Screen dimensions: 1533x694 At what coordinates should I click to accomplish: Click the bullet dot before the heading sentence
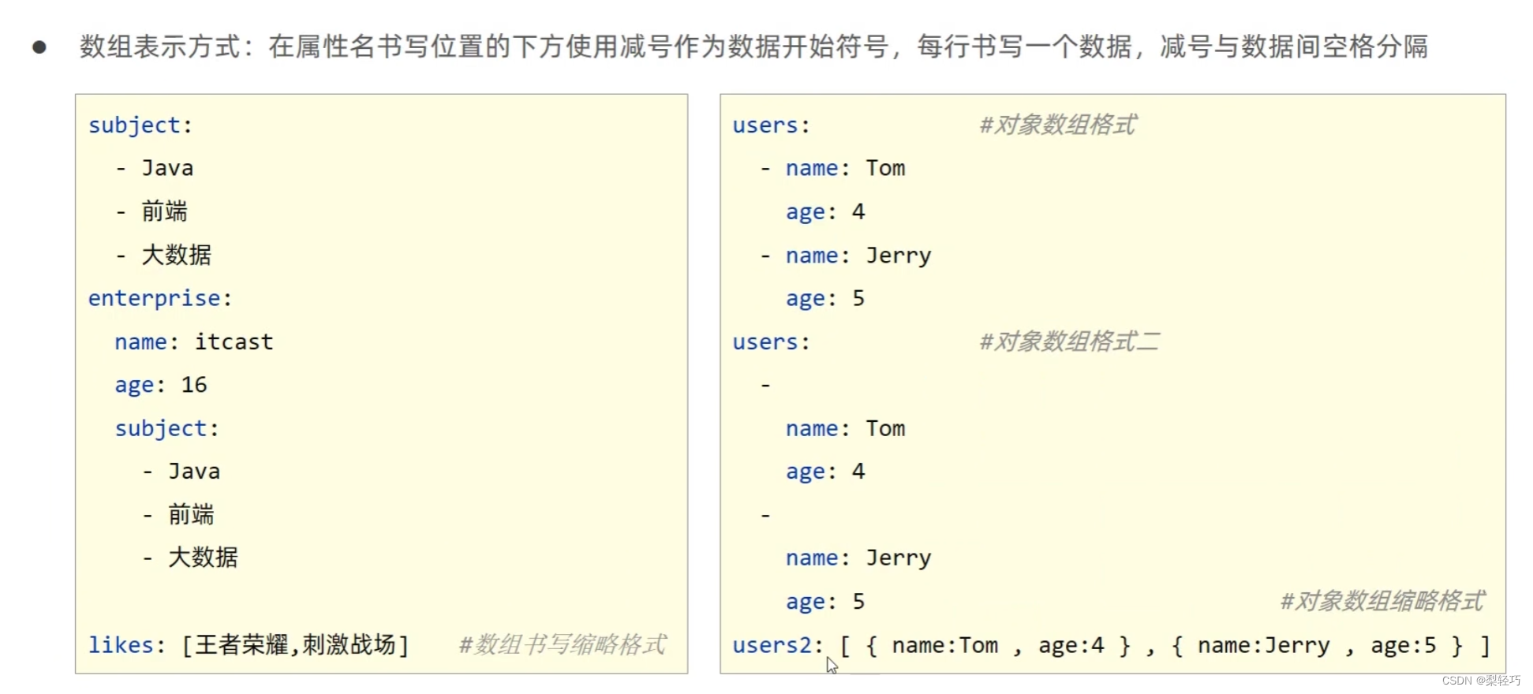[39, 47]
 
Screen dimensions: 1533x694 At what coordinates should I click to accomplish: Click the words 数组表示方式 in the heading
[159, 47]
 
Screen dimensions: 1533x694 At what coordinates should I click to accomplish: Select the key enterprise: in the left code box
[159, 298]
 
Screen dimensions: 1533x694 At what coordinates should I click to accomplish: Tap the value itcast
[234, 341]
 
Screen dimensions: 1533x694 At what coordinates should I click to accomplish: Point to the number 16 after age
[194, 385]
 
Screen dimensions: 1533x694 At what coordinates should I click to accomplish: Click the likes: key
[126, 645]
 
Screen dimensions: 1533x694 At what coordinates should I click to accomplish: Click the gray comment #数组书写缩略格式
[563, 645]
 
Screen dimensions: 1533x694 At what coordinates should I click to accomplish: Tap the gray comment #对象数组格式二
[1069, 341]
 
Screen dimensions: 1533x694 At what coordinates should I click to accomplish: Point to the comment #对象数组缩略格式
[1382, 601]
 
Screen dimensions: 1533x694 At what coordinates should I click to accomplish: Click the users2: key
[778, 645]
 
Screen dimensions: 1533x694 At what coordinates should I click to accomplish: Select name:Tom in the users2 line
[944, 646]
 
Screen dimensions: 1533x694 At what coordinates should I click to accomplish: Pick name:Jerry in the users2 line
[1263, 646]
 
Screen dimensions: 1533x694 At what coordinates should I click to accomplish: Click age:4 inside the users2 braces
[1071, 646]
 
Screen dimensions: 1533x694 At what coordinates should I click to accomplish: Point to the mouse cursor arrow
[832, 666]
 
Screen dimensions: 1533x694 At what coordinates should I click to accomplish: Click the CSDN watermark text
[1481, 681]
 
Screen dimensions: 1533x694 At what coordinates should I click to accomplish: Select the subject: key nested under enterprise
[166, 428]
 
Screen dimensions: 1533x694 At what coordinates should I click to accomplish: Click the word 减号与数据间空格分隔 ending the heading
[1294, 47]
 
